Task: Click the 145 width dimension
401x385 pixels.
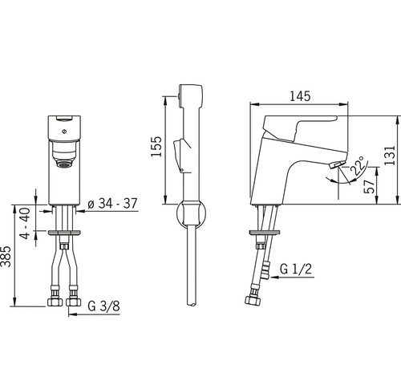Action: [x=300, y=96]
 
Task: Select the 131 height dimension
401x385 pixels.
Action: [x=389, y=156]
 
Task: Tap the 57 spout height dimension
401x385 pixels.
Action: [x=369, y=187]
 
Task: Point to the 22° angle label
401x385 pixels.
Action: [x=357, y=166]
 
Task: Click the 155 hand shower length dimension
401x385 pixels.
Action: [x=156, y=147]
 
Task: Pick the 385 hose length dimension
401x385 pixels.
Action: [x=6, y=256]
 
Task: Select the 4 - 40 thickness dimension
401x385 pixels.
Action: [x=26, y=223]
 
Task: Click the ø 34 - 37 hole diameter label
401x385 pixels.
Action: [x=112, y=204]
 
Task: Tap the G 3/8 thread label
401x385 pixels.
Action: [x=103, y=306]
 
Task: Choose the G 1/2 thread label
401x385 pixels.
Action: [x=296, y=269]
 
